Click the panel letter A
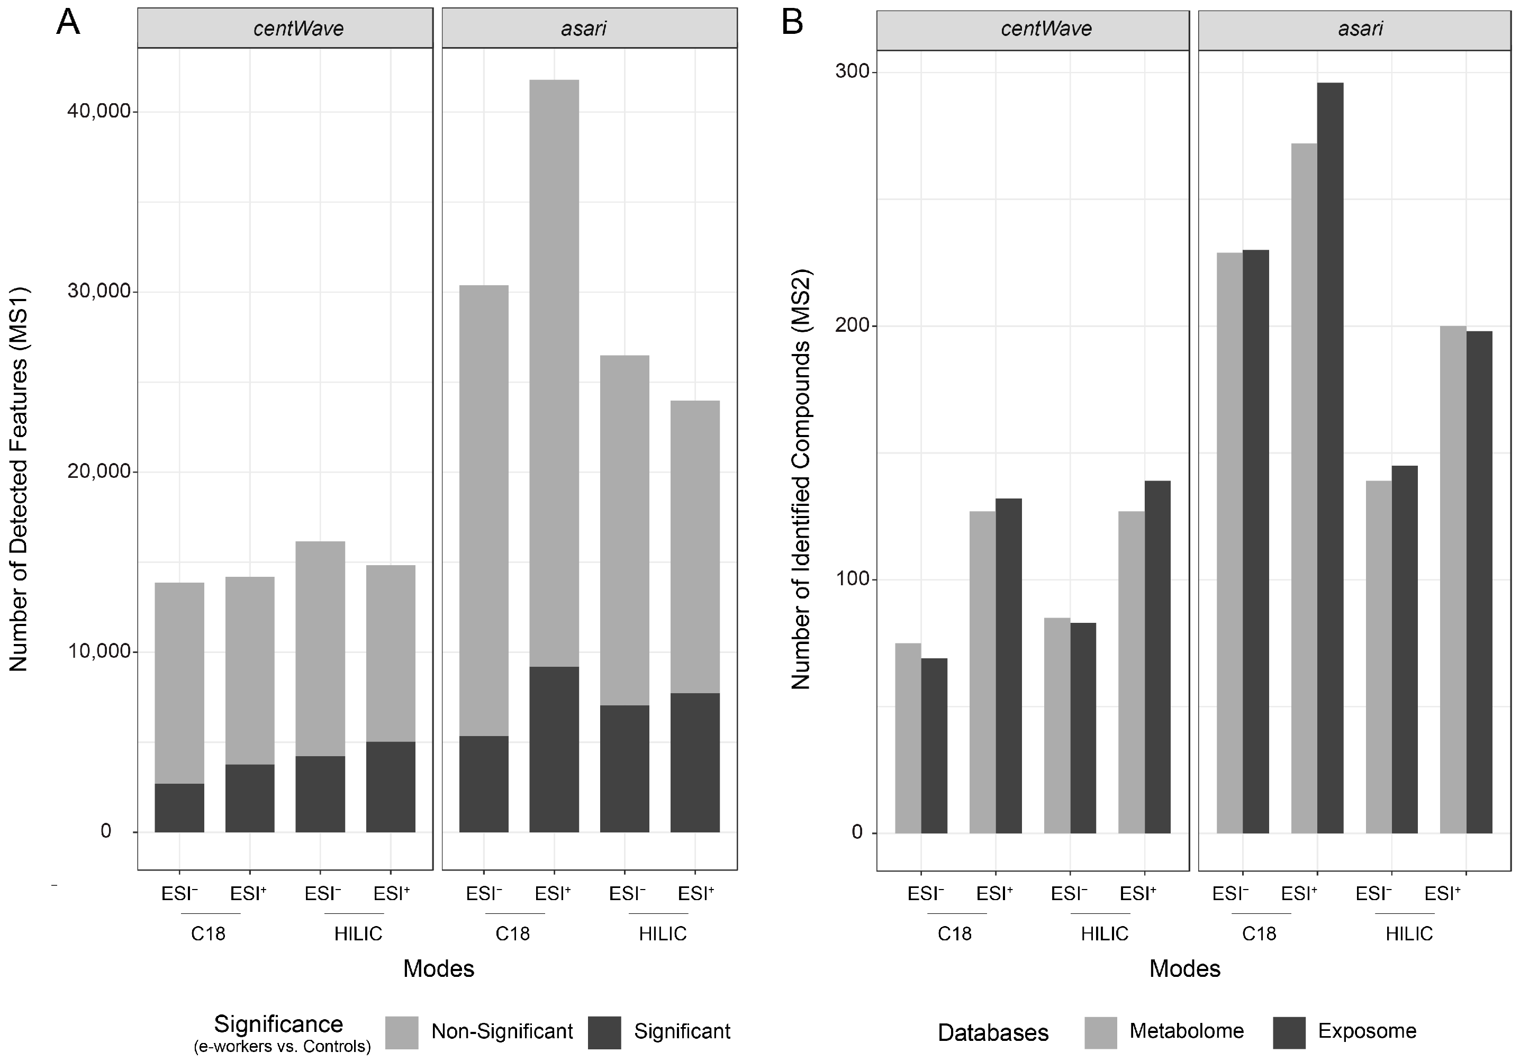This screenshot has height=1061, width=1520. pos(68,23)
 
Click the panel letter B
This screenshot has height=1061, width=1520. pos(792,23)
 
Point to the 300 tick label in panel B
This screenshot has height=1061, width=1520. pos(852,71)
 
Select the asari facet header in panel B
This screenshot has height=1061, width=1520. pos(1359,29)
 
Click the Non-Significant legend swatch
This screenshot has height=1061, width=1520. pos(401,1032)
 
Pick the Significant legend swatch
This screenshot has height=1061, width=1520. pos(604,1032)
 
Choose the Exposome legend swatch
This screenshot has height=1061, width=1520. pos(1288,1032)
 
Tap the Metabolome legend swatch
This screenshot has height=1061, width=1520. pos(1100,1032)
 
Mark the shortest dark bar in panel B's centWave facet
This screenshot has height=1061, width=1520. pos(934,745)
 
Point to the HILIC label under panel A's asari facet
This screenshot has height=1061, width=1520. pos(662,934)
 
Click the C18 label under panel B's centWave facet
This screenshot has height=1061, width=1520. pos(954,934)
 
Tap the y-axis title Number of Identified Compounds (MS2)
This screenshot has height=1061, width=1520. pos(801,479)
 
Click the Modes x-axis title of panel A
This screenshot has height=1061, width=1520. pos(438,969)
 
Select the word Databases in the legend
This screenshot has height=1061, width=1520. pos(992,1033)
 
